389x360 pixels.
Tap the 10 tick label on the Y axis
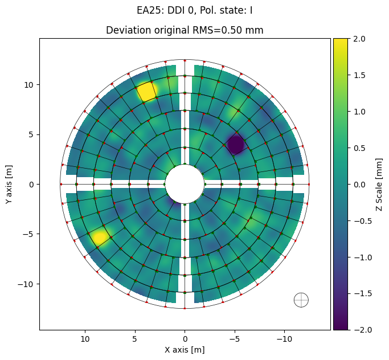pyautogui.click(x=28, y=85)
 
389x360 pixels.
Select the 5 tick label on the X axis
pyautogui.click(x=134, y=339)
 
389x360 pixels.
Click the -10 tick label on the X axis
pyautogui.click(x=284, y=339)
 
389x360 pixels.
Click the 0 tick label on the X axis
pyautogui.click(x=185, y=339)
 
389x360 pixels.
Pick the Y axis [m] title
pyautogui.click(x=9, y=185)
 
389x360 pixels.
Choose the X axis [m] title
pyautogui.click(x=185, y=350)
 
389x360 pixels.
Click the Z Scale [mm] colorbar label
pyautogui.click(x=379, y=185)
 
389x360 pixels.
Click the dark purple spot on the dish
pyautogui.click(x=236, y=144)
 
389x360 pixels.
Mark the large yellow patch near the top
pyautogui.click(x=147, y=91)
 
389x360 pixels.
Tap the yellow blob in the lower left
pyautogui.click(x=100, y=237)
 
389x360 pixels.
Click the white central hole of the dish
pyautogui.click(x=185, y=184)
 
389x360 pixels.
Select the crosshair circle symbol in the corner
pyautogui.click(x=301, y=300)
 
